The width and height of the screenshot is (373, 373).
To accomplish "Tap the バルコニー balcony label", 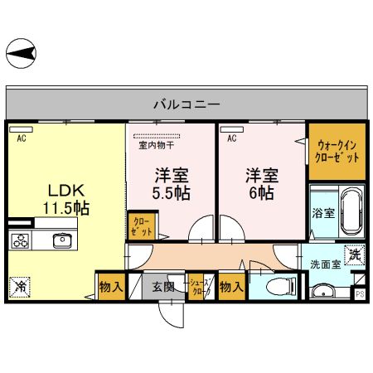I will pyautogui.click(x=186, y=105).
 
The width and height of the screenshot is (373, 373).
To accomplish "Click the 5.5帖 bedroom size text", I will pyautogui.click(x=172, y=193).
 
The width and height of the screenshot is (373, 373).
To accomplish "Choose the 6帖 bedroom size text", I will pyautogui.click(x=259, y=193).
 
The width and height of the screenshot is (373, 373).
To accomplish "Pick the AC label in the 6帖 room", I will pyautogui.click(x=232, y=138).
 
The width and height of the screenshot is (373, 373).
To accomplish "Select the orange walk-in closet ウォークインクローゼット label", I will pyautogui.click(x=337, y=151).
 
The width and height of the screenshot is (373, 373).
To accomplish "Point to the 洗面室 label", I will pyautogui.click(x=326, y=264).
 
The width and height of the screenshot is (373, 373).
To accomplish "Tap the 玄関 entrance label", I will pyautogui.click(x=163, y=287).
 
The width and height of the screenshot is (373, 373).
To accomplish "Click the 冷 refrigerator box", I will pyautogui.click(x=18, y=287).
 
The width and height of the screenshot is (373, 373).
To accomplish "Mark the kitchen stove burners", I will pyautogui.click(x=21, y=241).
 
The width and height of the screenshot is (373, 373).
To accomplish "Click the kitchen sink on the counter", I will pyautogui.click(x=61, y=240).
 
